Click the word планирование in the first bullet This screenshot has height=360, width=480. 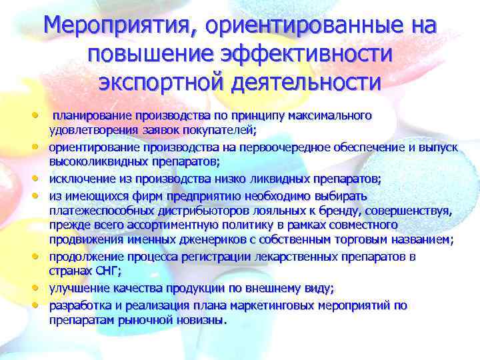coord(93,116)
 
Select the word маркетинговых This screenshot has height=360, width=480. coord(277,305)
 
